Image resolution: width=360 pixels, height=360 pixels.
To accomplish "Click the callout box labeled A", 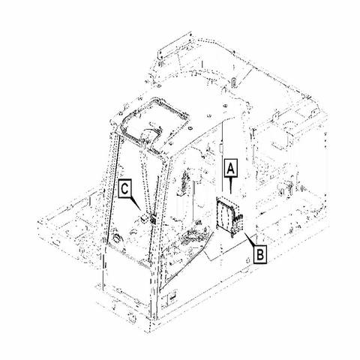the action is click(230, 168).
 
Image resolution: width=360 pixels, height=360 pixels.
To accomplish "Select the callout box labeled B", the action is click(260, 255).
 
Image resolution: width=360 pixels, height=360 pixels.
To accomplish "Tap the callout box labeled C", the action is click(125, 189).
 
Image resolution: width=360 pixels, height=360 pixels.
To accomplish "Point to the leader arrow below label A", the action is click(230, 185).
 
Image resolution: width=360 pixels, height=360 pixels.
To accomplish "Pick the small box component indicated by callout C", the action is click(143, 218).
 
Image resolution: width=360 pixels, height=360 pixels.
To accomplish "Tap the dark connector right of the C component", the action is click(153, 219).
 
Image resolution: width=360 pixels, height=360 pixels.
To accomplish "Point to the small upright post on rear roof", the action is click(233, 82).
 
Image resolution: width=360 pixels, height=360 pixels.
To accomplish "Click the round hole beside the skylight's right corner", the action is click(190, 128).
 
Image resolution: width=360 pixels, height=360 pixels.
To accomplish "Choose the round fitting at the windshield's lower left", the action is click(117, 238).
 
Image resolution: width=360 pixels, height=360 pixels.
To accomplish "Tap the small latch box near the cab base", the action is click(172, 298).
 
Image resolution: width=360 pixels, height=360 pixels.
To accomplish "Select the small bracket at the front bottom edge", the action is click(131, 317).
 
